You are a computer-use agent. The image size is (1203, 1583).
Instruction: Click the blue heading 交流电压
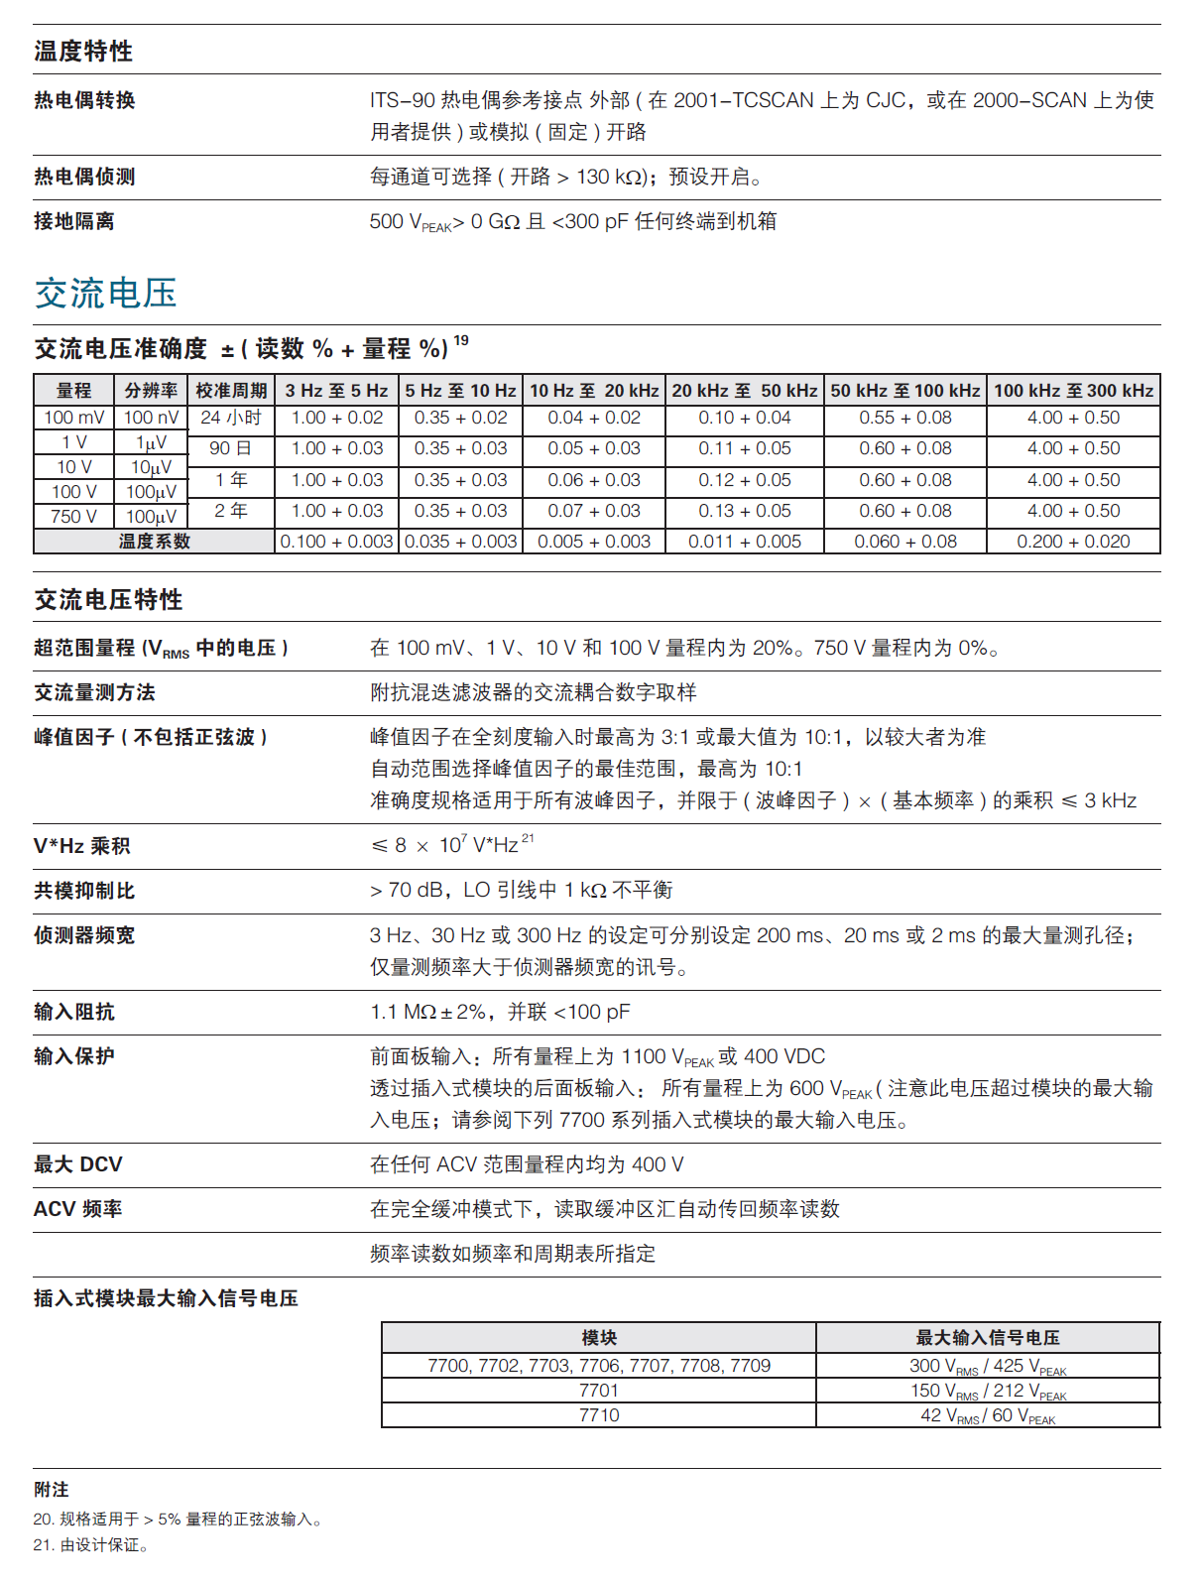(106, 293)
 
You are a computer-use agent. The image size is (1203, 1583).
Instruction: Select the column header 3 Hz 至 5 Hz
(336, 390)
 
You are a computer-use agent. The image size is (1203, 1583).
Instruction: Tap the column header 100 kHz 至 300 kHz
(1073, 390)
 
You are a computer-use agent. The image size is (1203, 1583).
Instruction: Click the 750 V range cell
(73, 516)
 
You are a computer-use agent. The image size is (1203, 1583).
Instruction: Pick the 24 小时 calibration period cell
(231, 418)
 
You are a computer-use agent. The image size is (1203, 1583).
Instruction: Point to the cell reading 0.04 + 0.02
(594, 418)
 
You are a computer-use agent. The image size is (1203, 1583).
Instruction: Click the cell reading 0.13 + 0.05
(744, 511)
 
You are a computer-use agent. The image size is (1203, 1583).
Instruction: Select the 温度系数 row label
(154, 542)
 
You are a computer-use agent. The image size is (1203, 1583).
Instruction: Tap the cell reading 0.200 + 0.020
(1073, 542)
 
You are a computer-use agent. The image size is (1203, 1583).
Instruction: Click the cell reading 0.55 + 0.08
(904, 418)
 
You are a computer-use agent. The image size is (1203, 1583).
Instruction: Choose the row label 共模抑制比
(84, 891)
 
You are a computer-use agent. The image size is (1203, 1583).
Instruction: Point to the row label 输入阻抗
(74, 1012)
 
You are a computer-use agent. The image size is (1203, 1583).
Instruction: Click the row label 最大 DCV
(78, 1164)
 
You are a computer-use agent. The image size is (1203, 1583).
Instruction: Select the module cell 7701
(599, 1391)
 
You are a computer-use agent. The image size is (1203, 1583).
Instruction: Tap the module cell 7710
(599, 1415)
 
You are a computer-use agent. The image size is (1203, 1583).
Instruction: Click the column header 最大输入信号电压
(988, 1338)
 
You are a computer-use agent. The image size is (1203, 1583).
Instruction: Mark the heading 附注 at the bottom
(52, 1490)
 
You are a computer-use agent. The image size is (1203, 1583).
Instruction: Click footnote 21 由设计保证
(90, 1544)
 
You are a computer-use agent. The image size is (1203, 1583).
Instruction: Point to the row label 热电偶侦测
(84, 177)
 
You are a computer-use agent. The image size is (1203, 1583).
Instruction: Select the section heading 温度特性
(83, 51)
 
